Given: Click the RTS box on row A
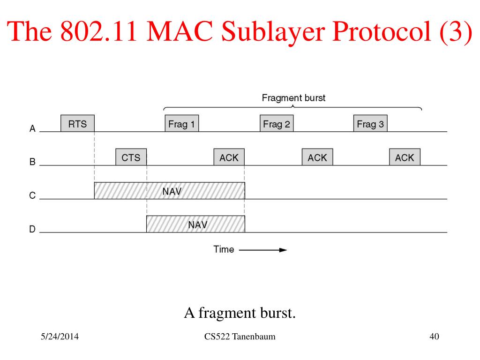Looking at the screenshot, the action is (x=77, y=123).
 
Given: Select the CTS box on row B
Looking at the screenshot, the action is (x=131, y=157).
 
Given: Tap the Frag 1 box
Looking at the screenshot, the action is (x=182, y=123).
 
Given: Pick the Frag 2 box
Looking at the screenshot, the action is (x=277, y=123).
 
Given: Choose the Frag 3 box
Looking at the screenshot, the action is (x=370, y=123).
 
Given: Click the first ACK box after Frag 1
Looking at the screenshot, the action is (x=229, y=157).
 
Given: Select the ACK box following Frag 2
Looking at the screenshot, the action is (x=317, y=157).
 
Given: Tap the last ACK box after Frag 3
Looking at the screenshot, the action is (x=405, y=157).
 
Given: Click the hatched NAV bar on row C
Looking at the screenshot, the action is (x=170, y=191).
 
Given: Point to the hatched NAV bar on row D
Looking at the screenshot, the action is (x=195, y=224).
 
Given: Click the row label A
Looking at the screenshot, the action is (x=32, y=128).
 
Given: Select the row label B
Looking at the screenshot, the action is (x=32, y=162).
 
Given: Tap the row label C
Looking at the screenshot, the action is (x=32, y=195).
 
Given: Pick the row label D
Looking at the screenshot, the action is (x=32, y=229).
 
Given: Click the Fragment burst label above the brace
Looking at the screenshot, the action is (x=293, y=98).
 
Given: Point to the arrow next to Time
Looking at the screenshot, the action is (x=263, y=250).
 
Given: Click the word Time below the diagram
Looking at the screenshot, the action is (x=224, y=249).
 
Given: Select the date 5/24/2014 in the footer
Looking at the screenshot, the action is (x=60, y=337).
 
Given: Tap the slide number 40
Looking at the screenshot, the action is (x=434, y=337).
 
